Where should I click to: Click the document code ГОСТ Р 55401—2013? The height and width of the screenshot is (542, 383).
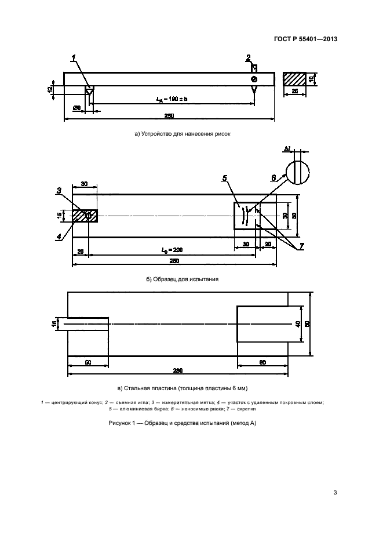pyautogui.click(x=306, y=39)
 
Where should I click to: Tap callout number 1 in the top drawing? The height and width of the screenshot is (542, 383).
pyautogui.click(x=74, y=58)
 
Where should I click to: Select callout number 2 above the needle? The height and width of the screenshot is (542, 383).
pyautogui.click(x=248, y=58)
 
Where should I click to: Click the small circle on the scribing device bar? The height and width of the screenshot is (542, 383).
pyautogui.click(x=254, y=79)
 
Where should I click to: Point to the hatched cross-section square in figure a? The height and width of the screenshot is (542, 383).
pyautogui.click(x=294, y=79)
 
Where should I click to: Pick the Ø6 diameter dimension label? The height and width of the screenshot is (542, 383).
pyautogui.click(x=76, y=108)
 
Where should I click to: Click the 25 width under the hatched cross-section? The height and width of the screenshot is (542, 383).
pyautogui.click(x=294, y=92)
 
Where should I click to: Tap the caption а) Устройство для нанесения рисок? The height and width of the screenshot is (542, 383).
pyautogui.click(x=182, y=134)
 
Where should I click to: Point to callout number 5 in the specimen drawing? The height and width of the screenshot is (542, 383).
pyautogui.click(x=225, y=179)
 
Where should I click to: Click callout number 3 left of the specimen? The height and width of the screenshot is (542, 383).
pyautogui.click(x=59, y=190)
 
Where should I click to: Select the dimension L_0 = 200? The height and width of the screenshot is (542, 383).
pyautogui.click(x=172, y=249)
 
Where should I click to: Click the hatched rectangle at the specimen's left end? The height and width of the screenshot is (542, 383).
pyautogui.click(x=85, y=215)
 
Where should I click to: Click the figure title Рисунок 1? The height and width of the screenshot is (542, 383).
pyautogui.click(x=182, y=423)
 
